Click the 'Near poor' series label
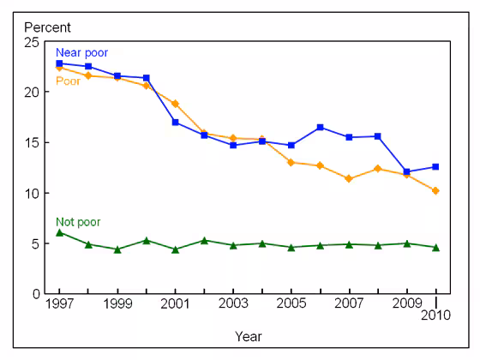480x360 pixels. coord(82,53)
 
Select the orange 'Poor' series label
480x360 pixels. coord(69,81)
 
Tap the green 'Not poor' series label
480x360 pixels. coord(78,222)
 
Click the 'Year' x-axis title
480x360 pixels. coord(249,336)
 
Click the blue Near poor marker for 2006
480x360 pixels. coord(320,127)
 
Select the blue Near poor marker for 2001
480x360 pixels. coord(175,123)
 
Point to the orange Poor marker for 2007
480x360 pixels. coord(349,178)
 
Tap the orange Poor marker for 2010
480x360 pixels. coord(435,190)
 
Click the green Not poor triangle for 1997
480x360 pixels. coord(59,232)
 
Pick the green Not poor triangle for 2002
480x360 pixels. coord(204,240)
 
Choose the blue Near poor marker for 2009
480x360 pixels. coord(406,171)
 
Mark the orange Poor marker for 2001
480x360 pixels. coord(175,104)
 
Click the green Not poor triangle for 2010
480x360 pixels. coord(435,247)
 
